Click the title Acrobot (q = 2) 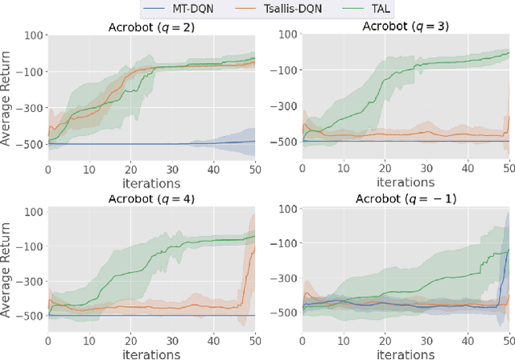(150, 27)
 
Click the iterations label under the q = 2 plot (150, 182)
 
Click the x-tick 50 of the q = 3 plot (509, 168)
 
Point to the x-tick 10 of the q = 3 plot (344, 168)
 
